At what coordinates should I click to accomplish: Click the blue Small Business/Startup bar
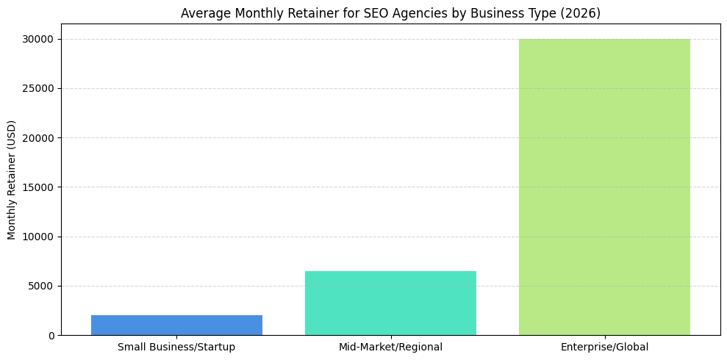pyautogui.click(x=176, y=325)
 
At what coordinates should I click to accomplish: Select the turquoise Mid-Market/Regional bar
pyautogui.click(x=390, y=303)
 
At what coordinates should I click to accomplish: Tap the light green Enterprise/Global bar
pyautogui.click(x=604, y=187)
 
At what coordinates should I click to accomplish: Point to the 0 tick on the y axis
pyautogui.click(x=50, y=336)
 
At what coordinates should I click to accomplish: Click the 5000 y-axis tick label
pyautogui.click(x=41, y=287)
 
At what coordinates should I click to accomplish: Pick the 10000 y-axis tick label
pyautogui.click(x=38, y=237)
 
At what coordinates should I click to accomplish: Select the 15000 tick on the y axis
pyautogui.click(x=38, y=187)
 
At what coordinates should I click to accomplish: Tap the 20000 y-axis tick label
pyautogui.click(x=38, y=138)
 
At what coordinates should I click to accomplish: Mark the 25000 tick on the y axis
pyautogui.click(x=38, y=89)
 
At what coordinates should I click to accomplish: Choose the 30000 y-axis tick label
pyautogui.click(x=38, y=40)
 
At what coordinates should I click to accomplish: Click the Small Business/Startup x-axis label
pyautogui.click(x=176, y=347)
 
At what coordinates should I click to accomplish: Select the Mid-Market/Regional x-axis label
pyautogui.click(x=390, y=347)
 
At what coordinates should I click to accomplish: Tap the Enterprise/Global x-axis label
pyautogui.click(x=604, y=347)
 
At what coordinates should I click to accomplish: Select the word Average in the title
pyautogui.click(x=204, y=13)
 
